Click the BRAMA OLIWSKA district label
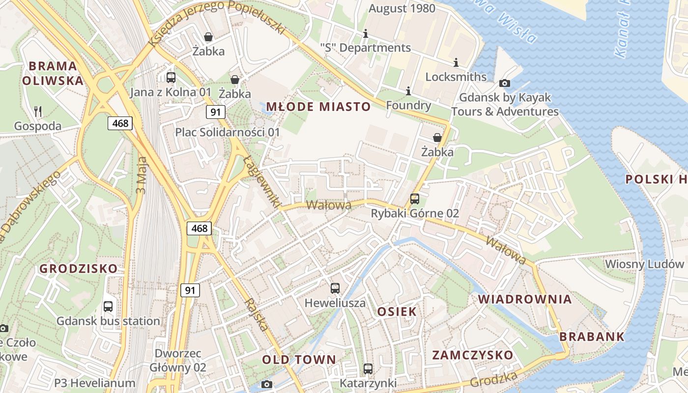53,73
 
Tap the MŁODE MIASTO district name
318,107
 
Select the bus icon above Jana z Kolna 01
171,77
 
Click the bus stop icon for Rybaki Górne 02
415,199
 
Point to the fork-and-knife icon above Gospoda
38,112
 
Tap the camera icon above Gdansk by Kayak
504,83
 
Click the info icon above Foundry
408,91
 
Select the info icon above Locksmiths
456,62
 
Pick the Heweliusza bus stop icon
335,288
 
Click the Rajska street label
258,314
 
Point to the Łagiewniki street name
261,181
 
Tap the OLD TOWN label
299,360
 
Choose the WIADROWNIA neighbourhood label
525,299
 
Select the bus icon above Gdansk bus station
108,307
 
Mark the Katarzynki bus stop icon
368,368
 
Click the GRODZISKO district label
79,269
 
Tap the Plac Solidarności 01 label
228,132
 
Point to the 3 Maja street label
142,174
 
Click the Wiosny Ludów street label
644,264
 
